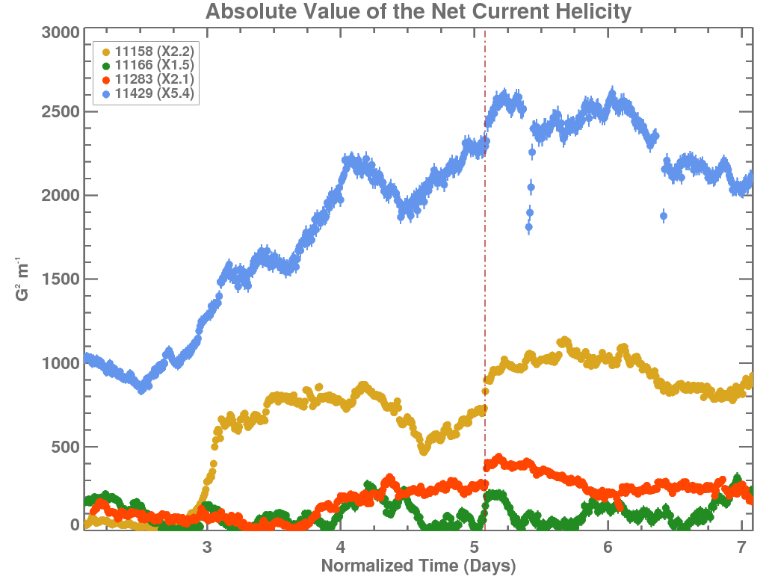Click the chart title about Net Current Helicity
(419, 13)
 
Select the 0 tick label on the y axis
(75, 525)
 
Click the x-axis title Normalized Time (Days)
(419, 566)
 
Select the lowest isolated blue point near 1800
(528, 227)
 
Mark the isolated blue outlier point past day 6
(664, 217)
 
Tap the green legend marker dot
(105, 66)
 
